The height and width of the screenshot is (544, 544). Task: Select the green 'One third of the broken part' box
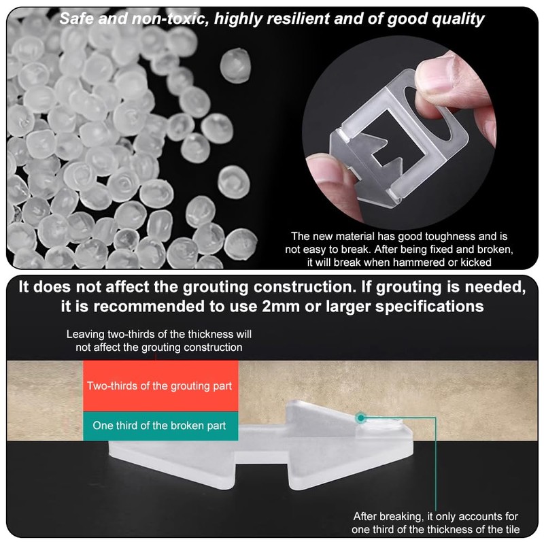158,426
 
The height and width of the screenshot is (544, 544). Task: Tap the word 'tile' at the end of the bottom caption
510,529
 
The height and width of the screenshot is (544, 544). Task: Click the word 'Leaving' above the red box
84,335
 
